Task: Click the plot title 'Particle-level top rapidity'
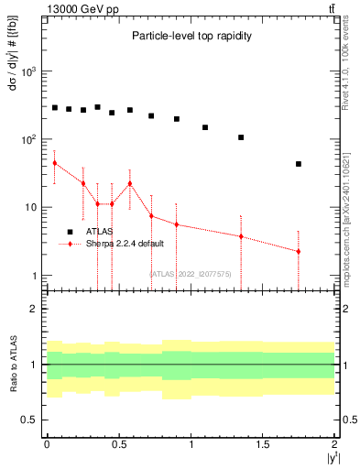(x=191, y=36)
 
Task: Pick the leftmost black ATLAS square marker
(x=55, y=107)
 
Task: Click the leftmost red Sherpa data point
(x=55, y=163)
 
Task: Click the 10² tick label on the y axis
(x=30, y=139)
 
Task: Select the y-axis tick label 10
(x=33, y=207)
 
